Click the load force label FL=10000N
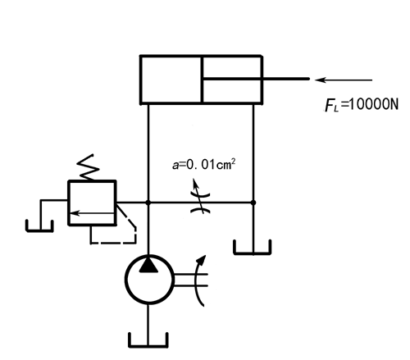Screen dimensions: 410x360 point(362,105)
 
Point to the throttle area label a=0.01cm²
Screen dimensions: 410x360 point(204,164)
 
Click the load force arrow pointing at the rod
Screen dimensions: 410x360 point(344,80)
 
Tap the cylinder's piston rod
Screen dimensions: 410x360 point(256,79)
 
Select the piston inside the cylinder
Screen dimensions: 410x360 point(202,80)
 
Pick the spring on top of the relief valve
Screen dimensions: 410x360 point(89,167)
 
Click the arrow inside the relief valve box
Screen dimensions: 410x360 point(92,212)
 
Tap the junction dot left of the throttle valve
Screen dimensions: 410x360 point(148,203)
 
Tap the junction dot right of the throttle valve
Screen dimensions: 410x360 point(253,203)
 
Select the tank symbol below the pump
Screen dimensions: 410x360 point(148,340)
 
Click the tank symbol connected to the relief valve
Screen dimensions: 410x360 point(39,226)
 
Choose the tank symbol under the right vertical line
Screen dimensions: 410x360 point(253,248)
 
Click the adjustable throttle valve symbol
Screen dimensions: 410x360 point(200,203)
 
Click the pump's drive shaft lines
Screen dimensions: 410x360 point(190,280)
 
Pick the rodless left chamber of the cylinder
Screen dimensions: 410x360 point(171,80)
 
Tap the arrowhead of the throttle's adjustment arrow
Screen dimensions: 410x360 point(195,183)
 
